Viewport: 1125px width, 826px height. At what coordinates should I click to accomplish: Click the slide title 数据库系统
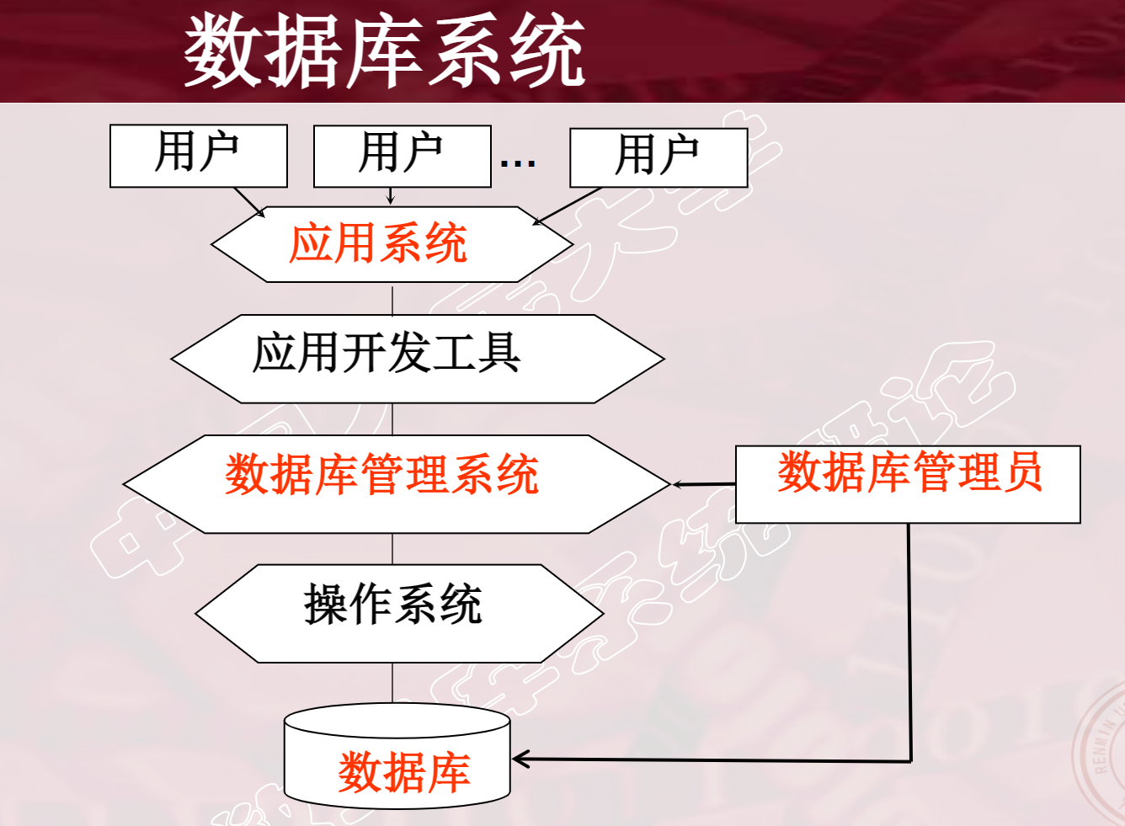pyautogui.click(x=384, y=51)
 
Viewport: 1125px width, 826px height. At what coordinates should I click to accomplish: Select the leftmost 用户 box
pyautogui.click(x=198, y=156)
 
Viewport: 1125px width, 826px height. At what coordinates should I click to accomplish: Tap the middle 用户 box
pyautogui.click(x=402, y=156)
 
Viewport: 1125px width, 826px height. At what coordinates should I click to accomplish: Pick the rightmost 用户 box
pyautogui.click(x=658, y=157)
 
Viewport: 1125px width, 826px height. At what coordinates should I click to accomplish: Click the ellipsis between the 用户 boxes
pyautogui.click(x=518, y=162)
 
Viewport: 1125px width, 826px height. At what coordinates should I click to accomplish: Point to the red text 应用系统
pyautogui.click(x=378, y=244)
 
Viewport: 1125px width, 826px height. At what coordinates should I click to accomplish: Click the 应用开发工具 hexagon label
pyautogui.click(x=387, y=352)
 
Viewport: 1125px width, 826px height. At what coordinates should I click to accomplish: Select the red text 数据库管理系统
pyautogui.click(x=381, y=474)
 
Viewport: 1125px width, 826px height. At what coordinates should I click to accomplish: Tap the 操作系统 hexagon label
pyautogui.click(x=393, y=605)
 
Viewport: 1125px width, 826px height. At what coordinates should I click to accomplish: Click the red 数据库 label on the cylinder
pyautogui.click(x=403, y=772)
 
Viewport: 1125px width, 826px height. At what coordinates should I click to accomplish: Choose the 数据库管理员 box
pyautogui.click(x=908, y=483)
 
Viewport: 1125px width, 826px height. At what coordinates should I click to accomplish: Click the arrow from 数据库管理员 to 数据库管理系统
pyautogui.click(x=704, y=484)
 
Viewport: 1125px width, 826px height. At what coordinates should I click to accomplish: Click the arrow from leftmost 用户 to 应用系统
pyautogui.click(x=248, y=201)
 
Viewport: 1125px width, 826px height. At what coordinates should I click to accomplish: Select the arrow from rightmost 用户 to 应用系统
pyautogui.click(x=568, y=205)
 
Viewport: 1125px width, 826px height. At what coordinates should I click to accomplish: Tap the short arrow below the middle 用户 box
pyautogui.click(x=391, y=195)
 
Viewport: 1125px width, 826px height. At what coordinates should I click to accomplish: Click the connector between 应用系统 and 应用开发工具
pyautogui.click(x=392, y=299)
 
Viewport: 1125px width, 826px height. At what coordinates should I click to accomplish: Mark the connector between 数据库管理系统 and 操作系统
pyautogui.click(x=392, y=548)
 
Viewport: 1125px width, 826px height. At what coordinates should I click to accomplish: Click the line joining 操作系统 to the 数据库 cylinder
pyautogui.click(x=392, y=683)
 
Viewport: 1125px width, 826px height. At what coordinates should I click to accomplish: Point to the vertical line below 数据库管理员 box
pyautogui.click(x=909, y=640)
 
